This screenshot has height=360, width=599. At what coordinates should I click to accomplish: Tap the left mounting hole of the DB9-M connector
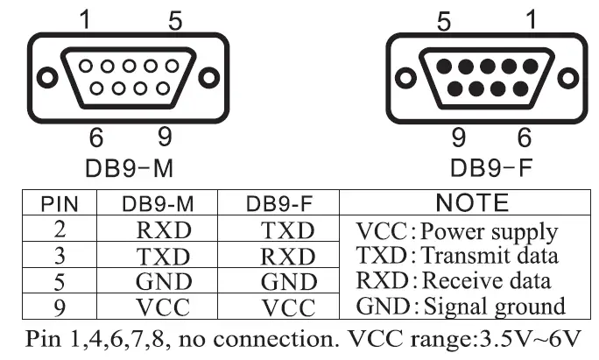point(43,77)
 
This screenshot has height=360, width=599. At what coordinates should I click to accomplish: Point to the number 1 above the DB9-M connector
point(86,19)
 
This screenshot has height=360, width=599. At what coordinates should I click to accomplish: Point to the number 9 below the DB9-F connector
point(455,138)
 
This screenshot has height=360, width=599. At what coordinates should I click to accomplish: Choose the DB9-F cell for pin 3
point(287,257)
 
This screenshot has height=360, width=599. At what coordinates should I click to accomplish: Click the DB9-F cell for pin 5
point(287,283)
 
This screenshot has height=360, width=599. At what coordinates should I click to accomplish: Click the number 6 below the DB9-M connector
point(96,138)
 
